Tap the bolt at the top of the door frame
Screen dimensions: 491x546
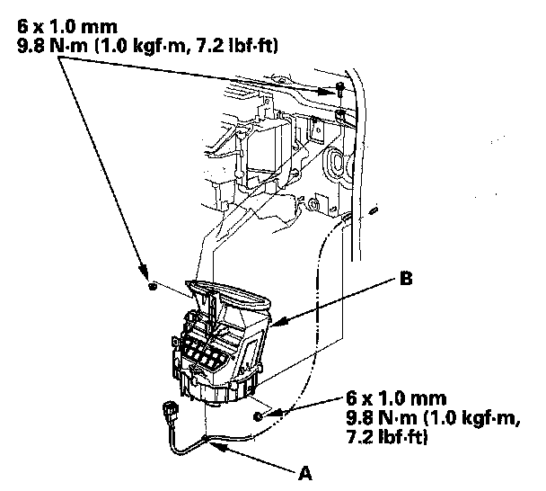pyautogui.click(x=340, y=90)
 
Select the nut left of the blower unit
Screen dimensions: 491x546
pyautogui.click(x=153, y=287)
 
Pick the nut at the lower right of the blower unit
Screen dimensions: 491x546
pyautogui.click(x=260, y=415)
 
